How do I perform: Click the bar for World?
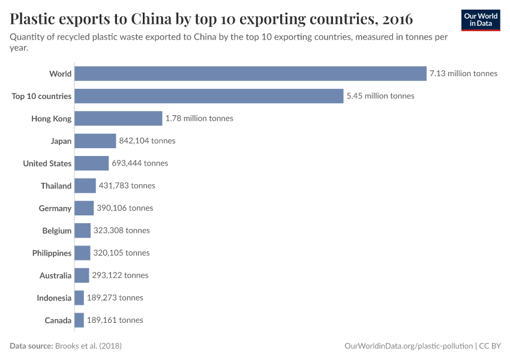click(250, 74)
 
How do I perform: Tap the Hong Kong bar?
click(118, 118)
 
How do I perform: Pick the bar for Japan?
click(95, 141)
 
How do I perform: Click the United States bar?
click(91, 163)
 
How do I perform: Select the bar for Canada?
click(79, 320)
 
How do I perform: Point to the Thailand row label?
click(56, 186)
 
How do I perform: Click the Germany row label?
click(55, 208)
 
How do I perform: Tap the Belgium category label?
click(57, 230)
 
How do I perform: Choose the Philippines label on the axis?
click(52, 253)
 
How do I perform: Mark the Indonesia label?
click(54, 298)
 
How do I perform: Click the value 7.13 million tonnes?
click(463, 74)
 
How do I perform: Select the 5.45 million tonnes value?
click(380, 96)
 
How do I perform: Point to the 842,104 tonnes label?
click(147, 141)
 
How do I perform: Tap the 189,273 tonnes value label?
click(115, 298)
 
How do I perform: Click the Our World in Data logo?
click(481, 20)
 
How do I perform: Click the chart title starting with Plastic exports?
click(211, 19)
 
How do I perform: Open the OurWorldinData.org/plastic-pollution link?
click(408, 346)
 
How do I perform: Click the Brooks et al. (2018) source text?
click(92, 346)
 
